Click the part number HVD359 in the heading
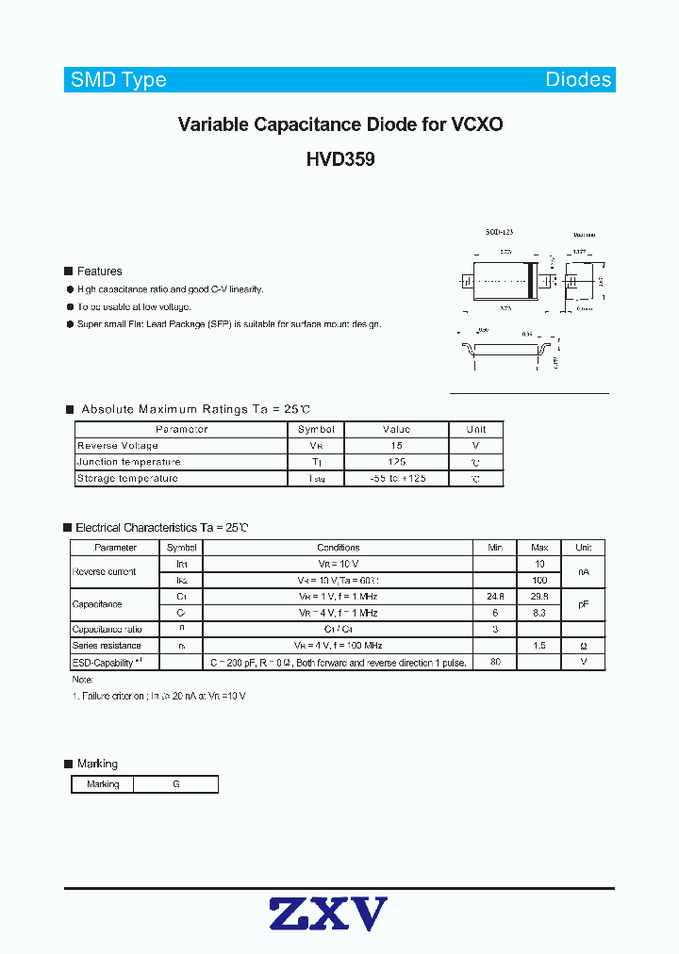tap(339, 160)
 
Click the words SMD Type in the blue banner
tap(118, 80)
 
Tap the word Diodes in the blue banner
tap(578, 80)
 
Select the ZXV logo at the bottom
tap(328, 914)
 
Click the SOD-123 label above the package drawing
tap(499, 231)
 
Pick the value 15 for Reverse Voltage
tap(396, 446)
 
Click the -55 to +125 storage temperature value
tap(397, 479)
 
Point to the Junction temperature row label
tap(128, 462)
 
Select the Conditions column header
tap(338, 548)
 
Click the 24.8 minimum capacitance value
tap(496, 597)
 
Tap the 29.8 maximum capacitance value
tap(539, 597)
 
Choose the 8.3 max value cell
tap(539, 613)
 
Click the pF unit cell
tap(583, 604)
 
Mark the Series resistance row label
tap(107, 646)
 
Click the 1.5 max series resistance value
tap(539, 646)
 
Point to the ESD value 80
tap(496, 663)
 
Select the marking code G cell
tap(175, 784)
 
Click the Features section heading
tap(99, 271)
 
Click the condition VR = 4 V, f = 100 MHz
tap(338, 646)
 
